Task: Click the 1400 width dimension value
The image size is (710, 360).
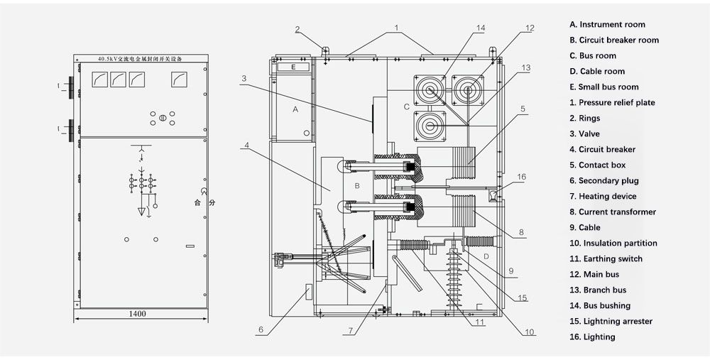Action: pyautogui.click(x=138, y=313)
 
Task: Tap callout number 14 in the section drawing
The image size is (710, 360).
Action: pyautogui.click(x=481, y=28)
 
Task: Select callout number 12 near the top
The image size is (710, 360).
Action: pyautogui.click(x=530, y=28)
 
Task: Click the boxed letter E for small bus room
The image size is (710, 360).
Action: pyautogui.click(x=293, y=67)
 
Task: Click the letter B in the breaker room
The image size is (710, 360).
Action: pyautogui.click(x=358, y=186)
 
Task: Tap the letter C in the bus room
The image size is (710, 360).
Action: pyautogui.click(x=406, y=107)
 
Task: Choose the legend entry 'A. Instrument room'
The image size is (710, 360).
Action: pyautogui.click(x=607, y=25)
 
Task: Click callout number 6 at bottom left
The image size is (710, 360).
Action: pyautogui.click(x=261, y=329)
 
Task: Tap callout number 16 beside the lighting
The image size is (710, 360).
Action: pyautogui.click(x=522, y=176)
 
